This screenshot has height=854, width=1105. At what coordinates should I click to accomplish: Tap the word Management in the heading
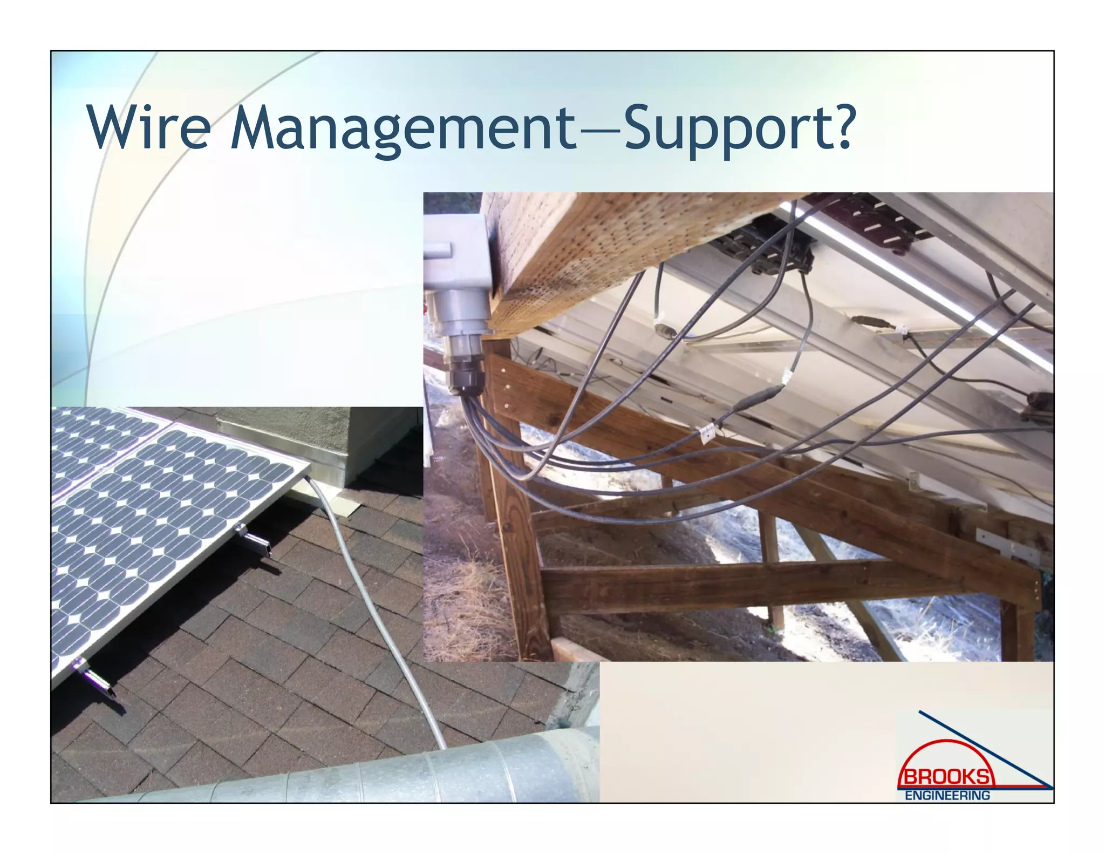[x=402, y=130]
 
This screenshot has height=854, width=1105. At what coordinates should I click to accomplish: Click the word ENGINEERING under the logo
[x=947, y=795]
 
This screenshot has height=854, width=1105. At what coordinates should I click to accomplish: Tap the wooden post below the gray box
[x=518, y=540]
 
